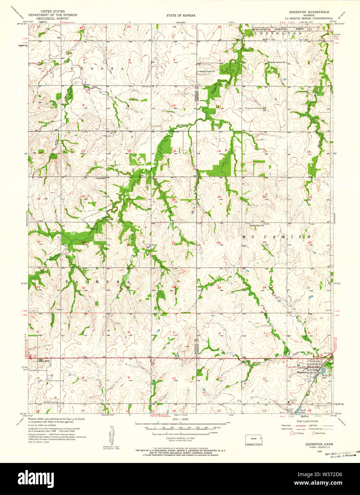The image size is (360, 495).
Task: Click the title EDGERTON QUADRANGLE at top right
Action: (x=309, y=12)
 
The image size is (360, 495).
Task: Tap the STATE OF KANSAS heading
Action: (x=181, y=16)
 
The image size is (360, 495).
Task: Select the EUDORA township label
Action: (x=97, y=68)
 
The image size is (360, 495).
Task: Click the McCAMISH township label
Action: (x=276, y=236)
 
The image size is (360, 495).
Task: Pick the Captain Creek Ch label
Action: (x=209, y=71)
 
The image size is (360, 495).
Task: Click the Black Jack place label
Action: (x=43, y=361)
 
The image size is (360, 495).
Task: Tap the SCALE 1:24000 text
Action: (x=180, y=420)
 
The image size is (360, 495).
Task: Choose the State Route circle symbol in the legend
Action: (x=314, y=433)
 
